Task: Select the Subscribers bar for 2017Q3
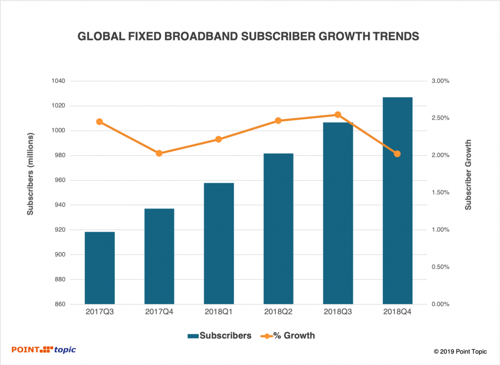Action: click(x=100, y=268)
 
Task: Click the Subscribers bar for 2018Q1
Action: click(x=219, y=243)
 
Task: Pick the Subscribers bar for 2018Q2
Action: click(x=278, y=229)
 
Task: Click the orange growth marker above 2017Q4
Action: click(x=159, y=153)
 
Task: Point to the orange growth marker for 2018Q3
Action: click(x=338, y=115)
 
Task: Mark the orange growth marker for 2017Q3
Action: click(x=100, y=122)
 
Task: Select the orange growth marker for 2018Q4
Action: click(x=397, y=154)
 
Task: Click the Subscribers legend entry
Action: click(x=219, y=336)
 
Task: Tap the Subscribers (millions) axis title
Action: click(x=30, y=173)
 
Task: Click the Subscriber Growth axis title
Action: click(x=468, y=175)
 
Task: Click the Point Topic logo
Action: click(x=44, y=349)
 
